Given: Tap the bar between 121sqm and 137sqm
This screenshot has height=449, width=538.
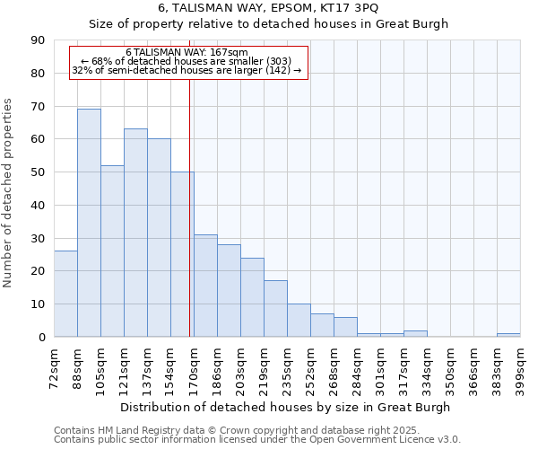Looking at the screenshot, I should (x=135, y=233).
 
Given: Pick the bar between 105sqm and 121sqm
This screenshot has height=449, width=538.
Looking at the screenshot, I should (x=112, y=251).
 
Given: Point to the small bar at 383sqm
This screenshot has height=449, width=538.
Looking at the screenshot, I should (x=508, y=335).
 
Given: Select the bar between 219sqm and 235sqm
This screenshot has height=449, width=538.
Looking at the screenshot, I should (x=275, y=309).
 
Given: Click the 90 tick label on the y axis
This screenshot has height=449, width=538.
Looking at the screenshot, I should (x=38, y=40).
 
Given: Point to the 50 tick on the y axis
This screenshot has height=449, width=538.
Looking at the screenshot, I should (x=38, y=172).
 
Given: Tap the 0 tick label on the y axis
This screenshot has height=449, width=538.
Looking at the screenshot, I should (x=41, y=337).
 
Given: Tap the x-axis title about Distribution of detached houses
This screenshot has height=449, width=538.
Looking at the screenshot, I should (x=287, y=407).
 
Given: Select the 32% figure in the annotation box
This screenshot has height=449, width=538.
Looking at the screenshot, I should (x=81, y=70).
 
